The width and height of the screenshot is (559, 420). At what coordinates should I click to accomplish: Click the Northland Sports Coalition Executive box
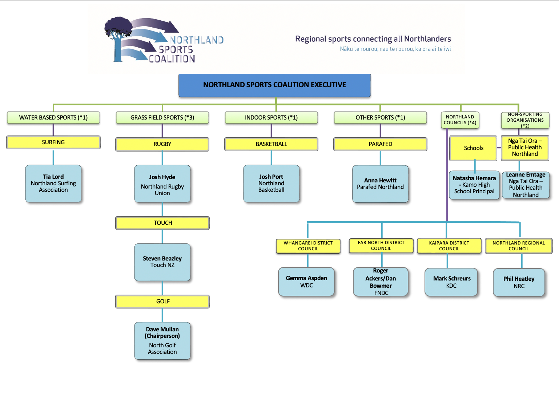coord(274,85)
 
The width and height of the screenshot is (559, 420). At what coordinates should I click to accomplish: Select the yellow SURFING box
coord(53,142)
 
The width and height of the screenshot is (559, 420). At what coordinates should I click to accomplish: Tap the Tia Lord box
coord(53,183)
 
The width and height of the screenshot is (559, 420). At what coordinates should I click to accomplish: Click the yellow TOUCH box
coord(162,223)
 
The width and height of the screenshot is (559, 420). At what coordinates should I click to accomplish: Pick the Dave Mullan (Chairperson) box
coord(162,340)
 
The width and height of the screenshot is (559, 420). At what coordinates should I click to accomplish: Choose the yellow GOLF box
coord(162,301)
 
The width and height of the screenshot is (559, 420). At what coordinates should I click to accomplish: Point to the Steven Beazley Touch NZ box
coord(162,262)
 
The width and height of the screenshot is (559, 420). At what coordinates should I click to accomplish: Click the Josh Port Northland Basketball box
coord(272,183)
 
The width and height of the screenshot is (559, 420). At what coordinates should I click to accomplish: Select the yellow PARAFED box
coord(380,144)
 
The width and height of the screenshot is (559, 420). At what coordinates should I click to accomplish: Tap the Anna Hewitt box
coord(380,184)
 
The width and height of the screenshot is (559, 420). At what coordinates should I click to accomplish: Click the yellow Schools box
coord(473,148)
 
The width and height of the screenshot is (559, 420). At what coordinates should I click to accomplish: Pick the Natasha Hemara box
coord(474,185)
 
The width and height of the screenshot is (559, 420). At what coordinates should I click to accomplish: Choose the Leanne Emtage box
coord(526,185)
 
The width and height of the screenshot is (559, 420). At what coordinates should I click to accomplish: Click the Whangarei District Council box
coord(308,246)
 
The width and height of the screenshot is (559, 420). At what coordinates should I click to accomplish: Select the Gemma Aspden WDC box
coord(306,282)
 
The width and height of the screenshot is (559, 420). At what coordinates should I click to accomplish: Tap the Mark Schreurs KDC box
coord(451,282)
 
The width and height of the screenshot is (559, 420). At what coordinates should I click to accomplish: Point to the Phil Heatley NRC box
coord(519,282)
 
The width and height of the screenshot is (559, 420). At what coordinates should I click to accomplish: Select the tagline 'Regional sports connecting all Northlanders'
coord(373,39)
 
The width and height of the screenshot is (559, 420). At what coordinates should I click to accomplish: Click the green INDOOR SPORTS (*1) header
coord(272,117)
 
